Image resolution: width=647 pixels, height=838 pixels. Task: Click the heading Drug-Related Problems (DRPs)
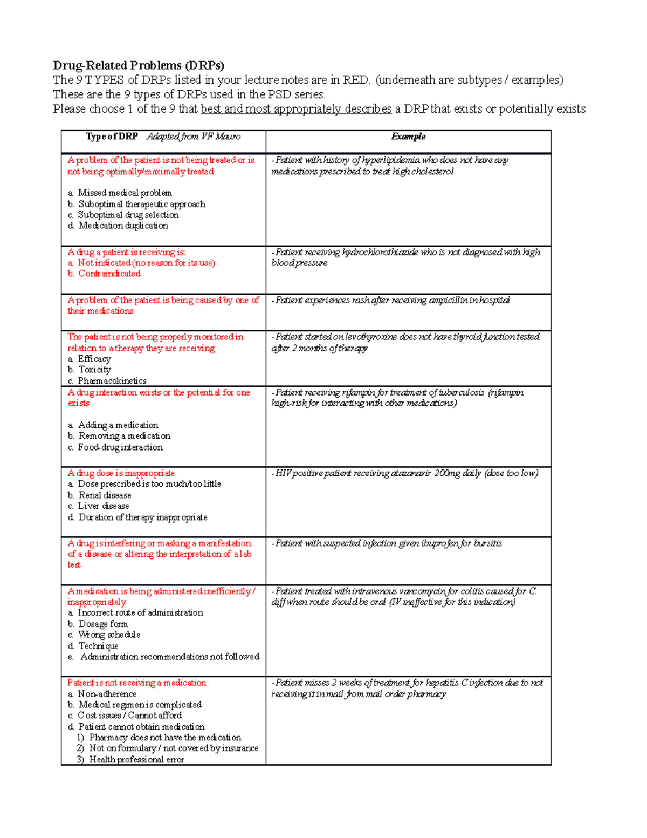click(139, 65)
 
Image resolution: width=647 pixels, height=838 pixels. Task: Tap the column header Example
click(408, 137)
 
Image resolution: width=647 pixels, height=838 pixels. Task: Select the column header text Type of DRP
click(112, 137)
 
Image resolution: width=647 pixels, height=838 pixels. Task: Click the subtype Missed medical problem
click(125, 193)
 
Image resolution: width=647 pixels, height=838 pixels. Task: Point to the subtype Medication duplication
click(123, 226)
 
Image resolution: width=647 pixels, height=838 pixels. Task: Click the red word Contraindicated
click(109, 274)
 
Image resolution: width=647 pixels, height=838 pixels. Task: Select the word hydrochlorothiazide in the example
click(380, 252)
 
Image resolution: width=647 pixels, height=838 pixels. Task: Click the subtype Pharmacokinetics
click(112, 381)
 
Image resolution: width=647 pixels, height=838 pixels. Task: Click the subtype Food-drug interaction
click(120, 447)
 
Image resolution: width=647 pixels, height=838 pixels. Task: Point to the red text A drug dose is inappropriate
click(121, 473)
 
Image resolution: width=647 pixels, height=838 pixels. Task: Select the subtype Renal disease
click(105, 495)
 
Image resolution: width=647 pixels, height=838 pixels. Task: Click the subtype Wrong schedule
click(109, 635)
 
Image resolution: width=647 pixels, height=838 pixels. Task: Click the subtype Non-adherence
click(107, 694)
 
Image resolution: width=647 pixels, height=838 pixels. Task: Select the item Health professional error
click(136, 760)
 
